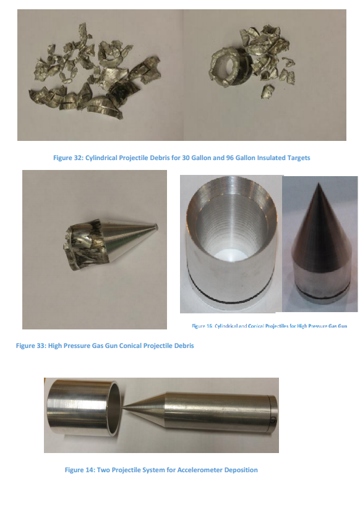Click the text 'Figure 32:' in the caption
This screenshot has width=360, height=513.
pos(68,158)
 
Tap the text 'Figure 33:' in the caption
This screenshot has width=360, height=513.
pos(31,346)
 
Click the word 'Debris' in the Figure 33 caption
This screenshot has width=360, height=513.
pos(184,346)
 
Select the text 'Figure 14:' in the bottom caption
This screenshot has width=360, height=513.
pos(80,470)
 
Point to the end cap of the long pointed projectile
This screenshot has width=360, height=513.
pos(273,415)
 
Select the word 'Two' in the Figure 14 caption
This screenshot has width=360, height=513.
pos(103,470)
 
